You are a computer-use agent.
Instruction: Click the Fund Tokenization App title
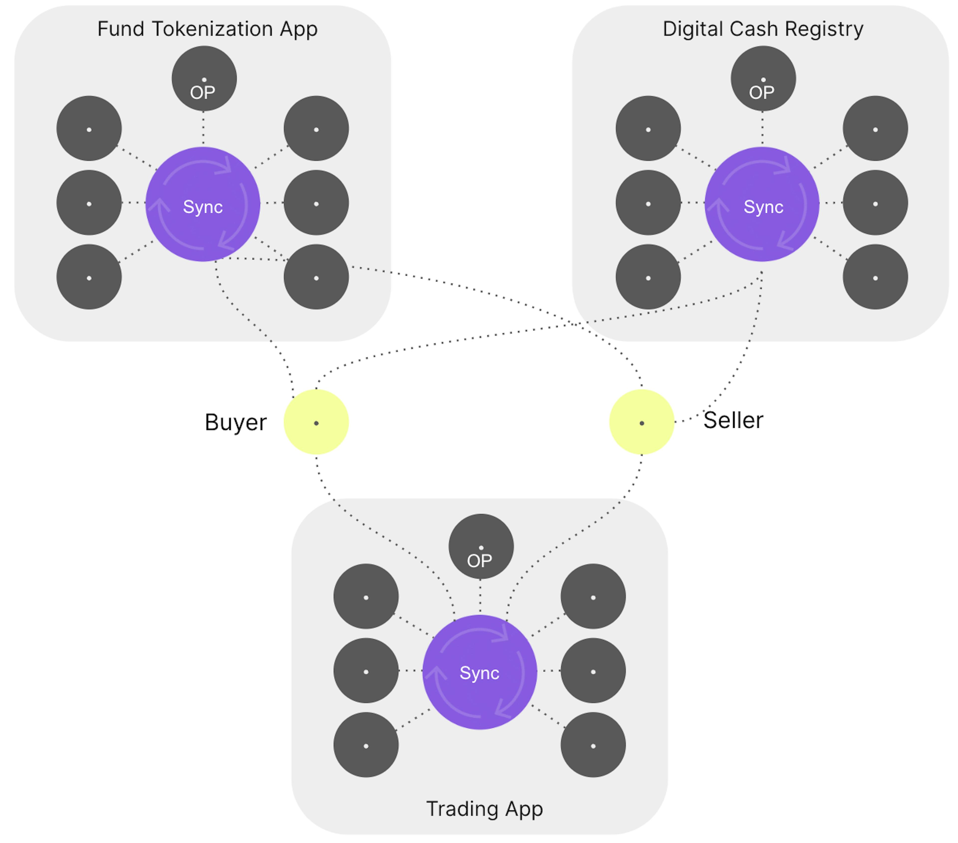click(207, 29)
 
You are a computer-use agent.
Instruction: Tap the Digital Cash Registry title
click(763, 29)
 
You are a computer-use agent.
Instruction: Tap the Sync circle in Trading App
click(479, 672)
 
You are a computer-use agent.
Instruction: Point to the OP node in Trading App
click(481, 546)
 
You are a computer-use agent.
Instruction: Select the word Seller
click(733, 420)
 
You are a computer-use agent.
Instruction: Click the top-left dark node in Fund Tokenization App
click(89, 129)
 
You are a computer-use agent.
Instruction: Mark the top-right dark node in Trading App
click(593, 596)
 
